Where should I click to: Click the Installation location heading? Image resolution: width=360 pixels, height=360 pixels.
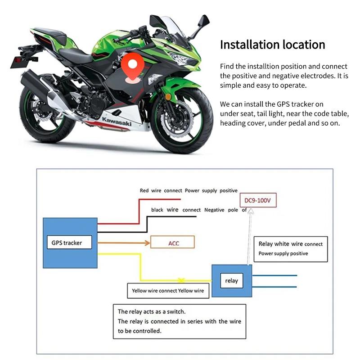tap(272, 45)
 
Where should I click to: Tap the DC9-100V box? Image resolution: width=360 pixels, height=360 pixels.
tap(258, 200)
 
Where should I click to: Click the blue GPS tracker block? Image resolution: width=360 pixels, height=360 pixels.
tap(70, 243)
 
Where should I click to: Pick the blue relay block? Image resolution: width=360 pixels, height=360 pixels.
tap(231, 281)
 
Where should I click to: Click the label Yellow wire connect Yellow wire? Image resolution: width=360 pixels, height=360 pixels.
tap(167, 290)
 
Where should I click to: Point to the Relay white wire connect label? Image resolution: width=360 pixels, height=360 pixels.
tap(290, 244)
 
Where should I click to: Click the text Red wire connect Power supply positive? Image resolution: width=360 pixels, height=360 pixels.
tap(189, 191)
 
